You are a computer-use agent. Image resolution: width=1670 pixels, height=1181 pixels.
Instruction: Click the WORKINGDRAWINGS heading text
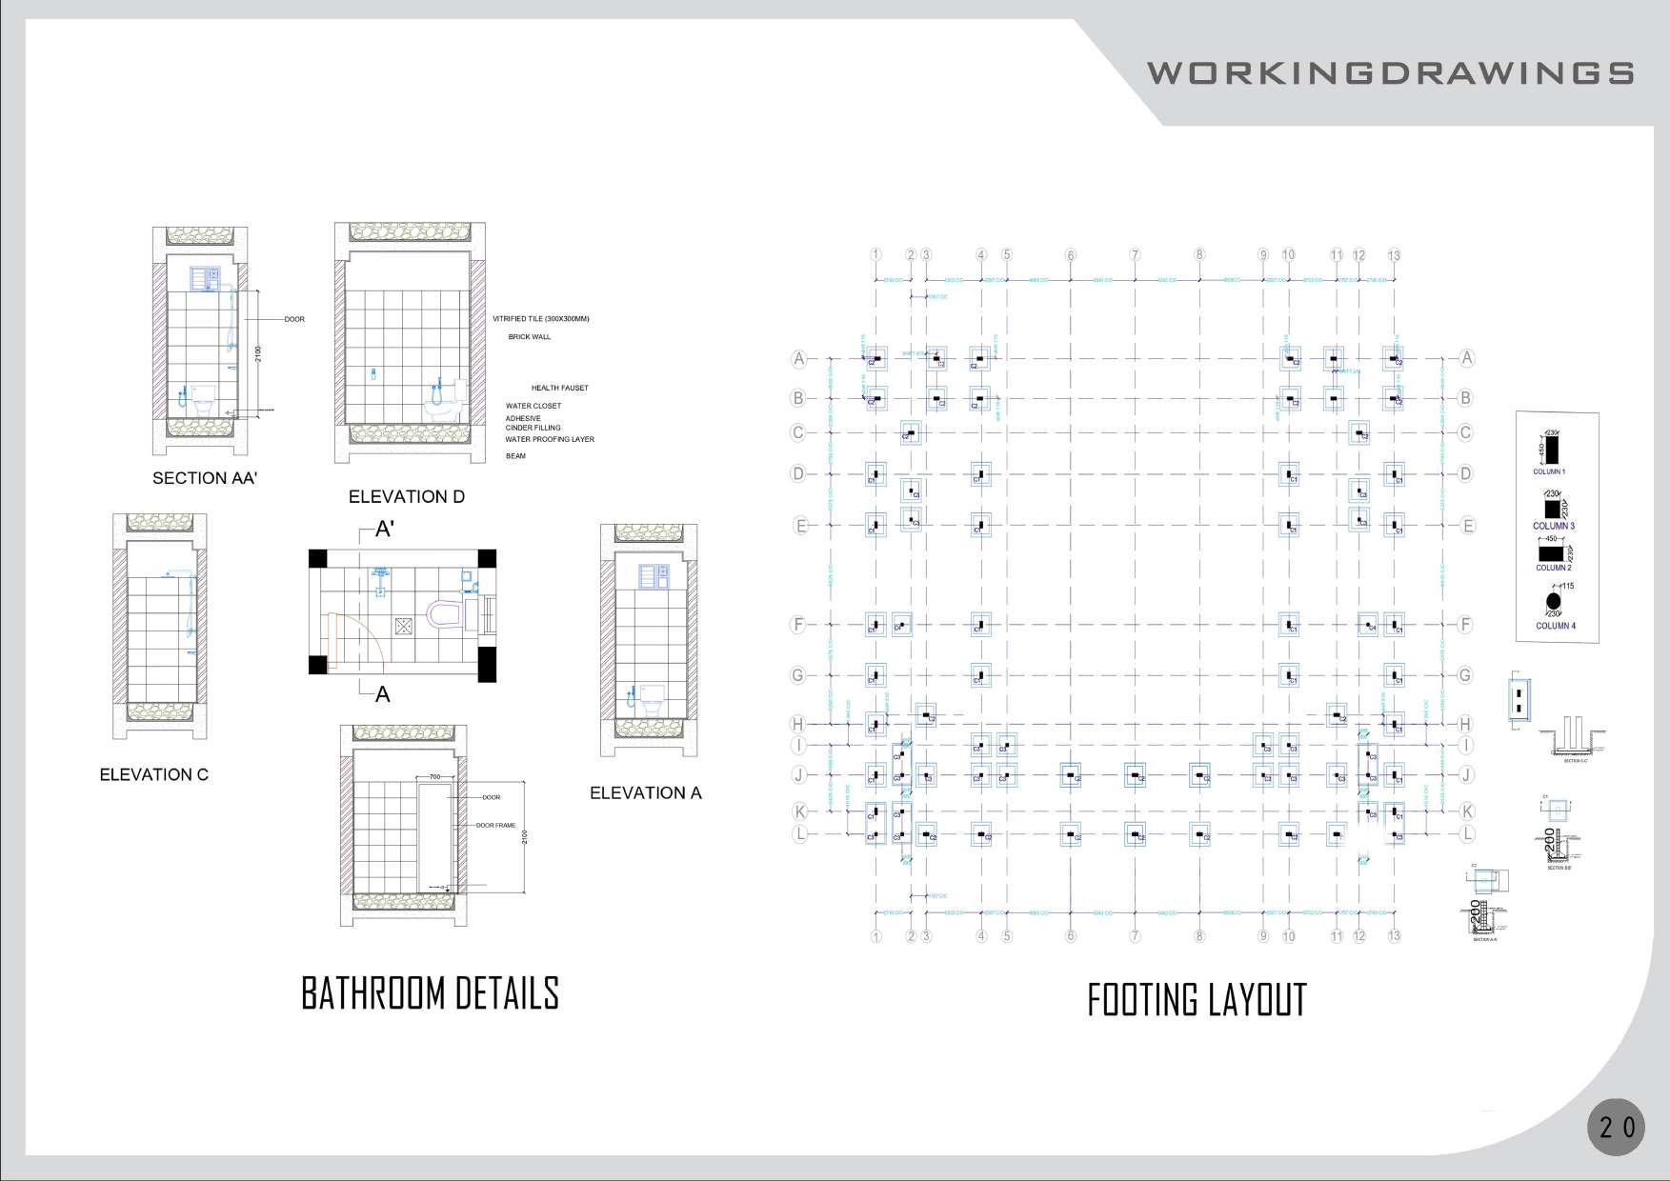pos(1390,73)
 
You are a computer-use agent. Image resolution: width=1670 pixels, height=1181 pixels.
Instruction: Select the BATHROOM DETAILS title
pos(430,993)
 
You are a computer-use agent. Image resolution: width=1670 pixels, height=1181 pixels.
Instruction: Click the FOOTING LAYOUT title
pos(1197,1000)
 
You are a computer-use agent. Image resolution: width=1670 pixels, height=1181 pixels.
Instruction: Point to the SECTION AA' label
pos(205,478)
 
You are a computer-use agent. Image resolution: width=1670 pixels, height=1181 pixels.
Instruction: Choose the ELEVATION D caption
pos(407,496)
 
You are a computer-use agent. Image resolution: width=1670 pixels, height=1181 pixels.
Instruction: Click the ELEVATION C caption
pos(153,774)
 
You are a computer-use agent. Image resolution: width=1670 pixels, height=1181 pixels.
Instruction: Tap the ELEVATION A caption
pos(645,792)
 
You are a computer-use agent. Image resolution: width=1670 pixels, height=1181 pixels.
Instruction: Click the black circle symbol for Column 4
pos(1553,601)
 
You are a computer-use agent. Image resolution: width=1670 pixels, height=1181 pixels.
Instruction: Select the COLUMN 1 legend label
pos(1548,471)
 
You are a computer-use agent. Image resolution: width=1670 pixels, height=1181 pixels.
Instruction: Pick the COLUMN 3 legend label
pos(1553,526)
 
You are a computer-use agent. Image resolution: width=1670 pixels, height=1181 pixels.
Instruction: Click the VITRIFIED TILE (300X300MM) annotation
pos(541,319)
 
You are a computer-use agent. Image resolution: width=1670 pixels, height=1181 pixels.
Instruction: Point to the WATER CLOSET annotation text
pos(533,406)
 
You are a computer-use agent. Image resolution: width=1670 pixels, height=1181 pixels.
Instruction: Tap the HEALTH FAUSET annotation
pos(560,388)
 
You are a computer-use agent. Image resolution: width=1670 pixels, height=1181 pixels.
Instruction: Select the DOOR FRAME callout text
pos(495,826)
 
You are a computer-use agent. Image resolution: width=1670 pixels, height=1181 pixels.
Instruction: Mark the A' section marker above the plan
pos(384,530)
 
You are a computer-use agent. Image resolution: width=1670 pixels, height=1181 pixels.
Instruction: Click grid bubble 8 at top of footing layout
pos(1199,254)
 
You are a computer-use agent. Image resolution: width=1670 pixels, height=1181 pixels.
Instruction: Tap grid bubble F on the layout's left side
pos(798,625)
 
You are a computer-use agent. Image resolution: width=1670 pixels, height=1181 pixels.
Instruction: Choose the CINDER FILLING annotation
pos(533,429)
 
